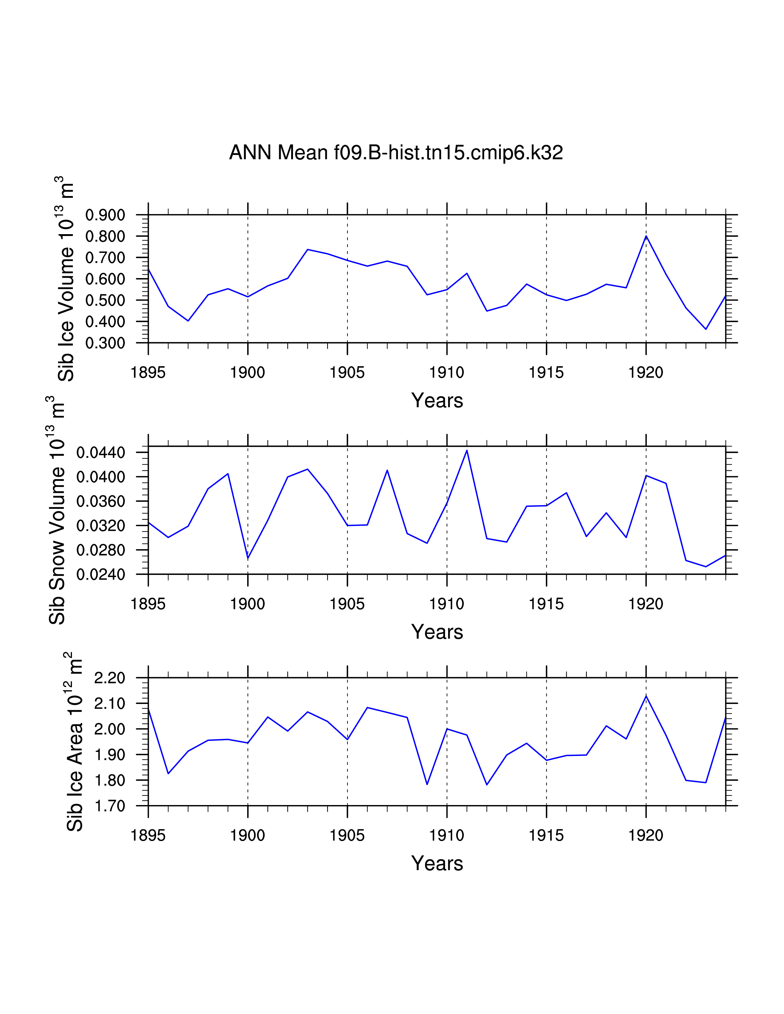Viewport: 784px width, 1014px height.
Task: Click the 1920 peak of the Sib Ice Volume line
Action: click(x=646, y=236)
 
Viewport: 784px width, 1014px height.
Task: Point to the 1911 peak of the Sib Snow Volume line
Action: click(x=467, y=450)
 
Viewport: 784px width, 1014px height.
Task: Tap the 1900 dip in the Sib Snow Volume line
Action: click(x=248, y=558)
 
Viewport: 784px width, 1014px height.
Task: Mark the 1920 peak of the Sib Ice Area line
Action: click(x=646, y=696)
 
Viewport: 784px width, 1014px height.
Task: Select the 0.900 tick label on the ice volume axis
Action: click(x=105, y=215)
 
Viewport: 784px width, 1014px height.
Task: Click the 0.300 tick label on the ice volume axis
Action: click(x=105, y=343)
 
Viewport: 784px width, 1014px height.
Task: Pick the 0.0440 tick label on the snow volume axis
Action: click(x=101, y=453)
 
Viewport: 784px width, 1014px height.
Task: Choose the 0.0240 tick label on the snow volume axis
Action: click(x=101, y=575)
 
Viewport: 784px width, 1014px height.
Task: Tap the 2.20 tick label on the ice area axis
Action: click(x=110, y=678)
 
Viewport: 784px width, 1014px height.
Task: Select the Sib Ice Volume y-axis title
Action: click(x=66, y=279)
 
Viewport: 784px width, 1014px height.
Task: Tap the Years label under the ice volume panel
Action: click(x=437, y=400)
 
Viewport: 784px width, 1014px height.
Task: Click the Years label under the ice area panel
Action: click(x=437, y=863)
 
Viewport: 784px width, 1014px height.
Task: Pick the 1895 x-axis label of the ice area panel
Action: click(x=148, y=836)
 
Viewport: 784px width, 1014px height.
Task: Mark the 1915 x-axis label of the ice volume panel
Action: click(x=546, y=372)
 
